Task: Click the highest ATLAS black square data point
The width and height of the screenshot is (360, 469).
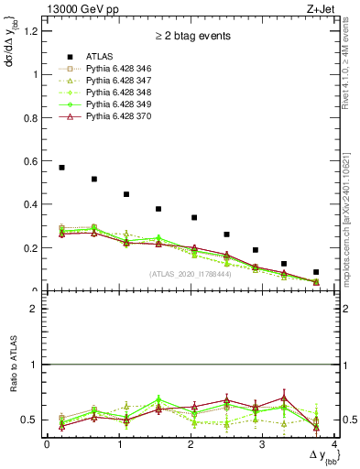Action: click(x=61, y=168)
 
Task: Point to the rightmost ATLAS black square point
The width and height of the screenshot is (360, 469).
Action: click(x=316, y=272)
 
